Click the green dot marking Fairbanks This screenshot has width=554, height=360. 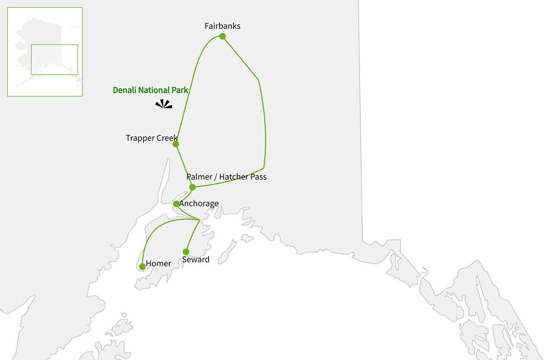[222, 37]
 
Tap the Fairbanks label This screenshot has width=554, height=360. [222, 26]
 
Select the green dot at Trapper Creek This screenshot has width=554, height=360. [176, 144]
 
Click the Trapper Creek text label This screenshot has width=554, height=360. [151, 138]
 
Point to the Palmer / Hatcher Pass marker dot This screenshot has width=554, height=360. [192, 187]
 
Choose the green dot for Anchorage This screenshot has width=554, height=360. [176, 204]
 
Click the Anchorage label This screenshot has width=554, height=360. [199, 204]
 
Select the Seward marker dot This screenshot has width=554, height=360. [186, 251]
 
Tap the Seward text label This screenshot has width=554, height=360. [196, 259]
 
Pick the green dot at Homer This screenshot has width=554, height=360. [142, 266]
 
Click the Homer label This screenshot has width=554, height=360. [158, 264]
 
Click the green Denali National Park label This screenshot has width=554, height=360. [151, 90]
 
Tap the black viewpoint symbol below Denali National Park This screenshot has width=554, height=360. [163, 104]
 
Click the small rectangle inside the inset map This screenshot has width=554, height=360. [54, 59]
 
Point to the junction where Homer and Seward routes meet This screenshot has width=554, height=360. [199, 220]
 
